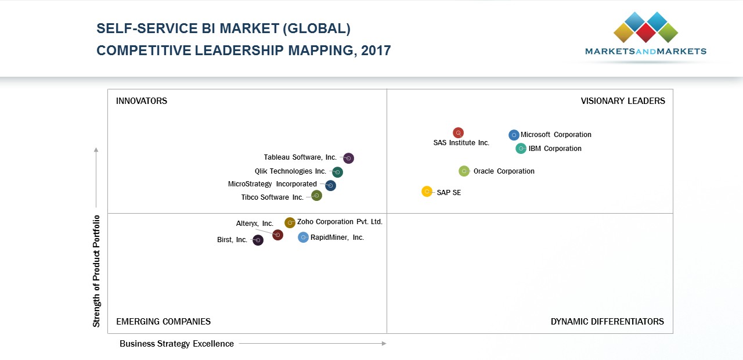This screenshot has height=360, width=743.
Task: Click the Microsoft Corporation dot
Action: [x=514, y=135]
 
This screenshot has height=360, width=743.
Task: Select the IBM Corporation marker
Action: [x=521, y=149]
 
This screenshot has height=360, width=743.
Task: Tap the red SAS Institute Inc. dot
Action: [x=458, y=133]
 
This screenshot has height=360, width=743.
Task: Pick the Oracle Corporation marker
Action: [x=464, y=171]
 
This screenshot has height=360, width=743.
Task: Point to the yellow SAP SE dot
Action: [x=427, y=192]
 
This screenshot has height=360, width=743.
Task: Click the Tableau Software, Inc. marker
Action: [x=348, y=158]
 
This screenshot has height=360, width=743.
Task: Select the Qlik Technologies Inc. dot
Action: [x=337, y=172]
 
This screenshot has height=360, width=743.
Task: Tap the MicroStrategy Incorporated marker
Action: [x=330, y=185]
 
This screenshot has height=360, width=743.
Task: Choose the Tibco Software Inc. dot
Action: [x=316, y=196]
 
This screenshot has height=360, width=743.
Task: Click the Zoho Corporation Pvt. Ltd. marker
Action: [x=290, y=222]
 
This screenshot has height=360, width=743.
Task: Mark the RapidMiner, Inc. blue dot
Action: [x=303, y=237]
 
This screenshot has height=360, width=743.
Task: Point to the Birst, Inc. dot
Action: [x=258, y=240]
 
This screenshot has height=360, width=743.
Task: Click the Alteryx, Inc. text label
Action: [x=254, y=224]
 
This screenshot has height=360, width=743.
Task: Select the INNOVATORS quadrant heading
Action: [x=142, y=101]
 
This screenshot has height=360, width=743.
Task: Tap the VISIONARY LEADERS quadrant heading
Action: [x=623, y=101]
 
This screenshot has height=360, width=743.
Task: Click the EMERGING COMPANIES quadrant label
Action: [x=163, y=322]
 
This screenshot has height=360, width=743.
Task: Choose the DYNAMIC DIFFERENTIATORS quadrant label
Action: [x=607, y=322]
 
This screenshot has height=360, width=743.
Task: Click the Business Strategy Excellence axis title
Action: [x=176, y=344]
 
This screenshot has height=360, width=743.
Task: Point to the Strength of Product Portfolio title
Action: [x=96, y=271]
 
